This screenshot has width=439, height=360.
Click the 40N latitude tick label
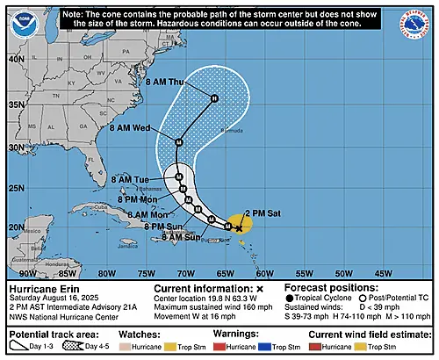coord(15,59)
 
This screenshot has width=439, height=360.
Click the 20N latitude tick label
coord(15,227)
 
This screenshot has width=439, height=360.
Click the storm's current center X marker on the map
coord(239,227)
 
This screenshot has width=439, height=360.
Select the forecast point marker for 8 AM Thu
coord(213,98)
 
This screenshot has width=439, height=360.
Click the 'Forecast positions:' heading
coord(323,288)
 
